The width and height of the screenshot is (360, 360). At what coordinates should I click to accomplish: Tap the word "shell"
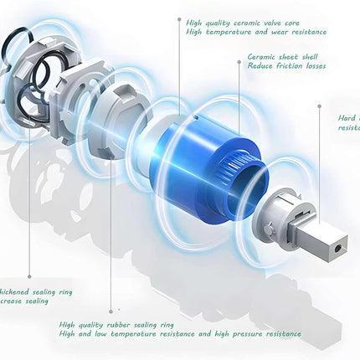(306, 56)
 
